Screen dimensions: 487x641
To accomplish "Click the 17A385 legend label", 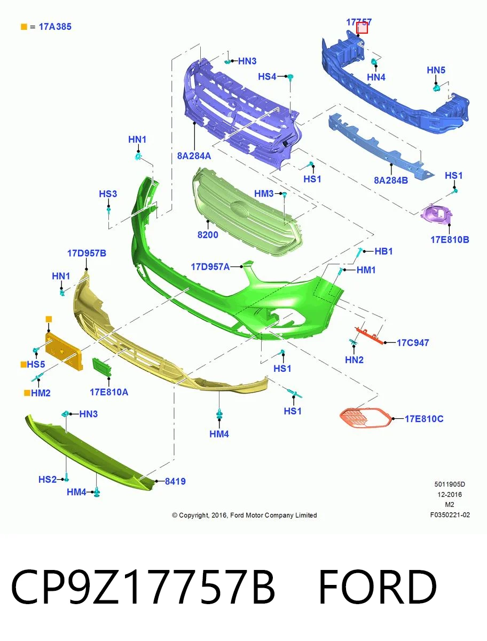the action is click(x=55, y=27).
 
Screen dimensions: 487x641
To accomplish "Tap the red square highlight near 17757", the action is click(x=362, y=28).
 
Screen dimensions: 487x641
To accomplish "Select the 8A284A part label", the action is click(x=194, y=156).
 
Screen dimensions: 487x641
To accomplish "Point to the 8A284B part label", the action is click(x=391, y=180).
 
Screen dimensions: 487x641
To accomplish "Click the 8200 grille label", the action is click(x=208, y=235).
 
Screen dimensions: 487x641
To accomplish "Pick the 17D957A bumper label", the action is click(x=210, y=267).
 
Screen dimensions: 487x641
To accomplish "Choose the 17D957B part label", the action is click(x=87, y=253).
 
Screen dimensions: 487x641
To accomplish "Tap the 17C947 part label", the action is click(x=413, y=342).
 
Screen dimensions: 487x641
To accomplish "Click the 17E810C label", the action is click(x=424, y=419).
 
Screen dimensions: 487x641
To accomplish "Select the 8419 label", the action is click(x=175, y=481).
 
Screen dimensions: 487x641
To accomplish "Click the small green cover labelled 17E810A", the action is click(x=102, y=367).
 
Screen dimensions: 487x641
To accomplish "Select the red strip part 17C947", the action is click(x=369, y=336).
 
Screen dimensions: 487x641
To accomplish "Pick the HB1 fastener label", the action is click(x=383, y=251).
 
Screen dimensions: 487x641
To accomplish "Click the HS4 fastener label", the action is click(x=267, y=76).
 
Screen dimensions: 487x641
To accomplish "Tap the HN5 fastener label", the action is click(x=436, y=70).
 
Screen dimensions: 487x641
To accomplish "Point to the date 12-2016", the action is click(x=450, y=495).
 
